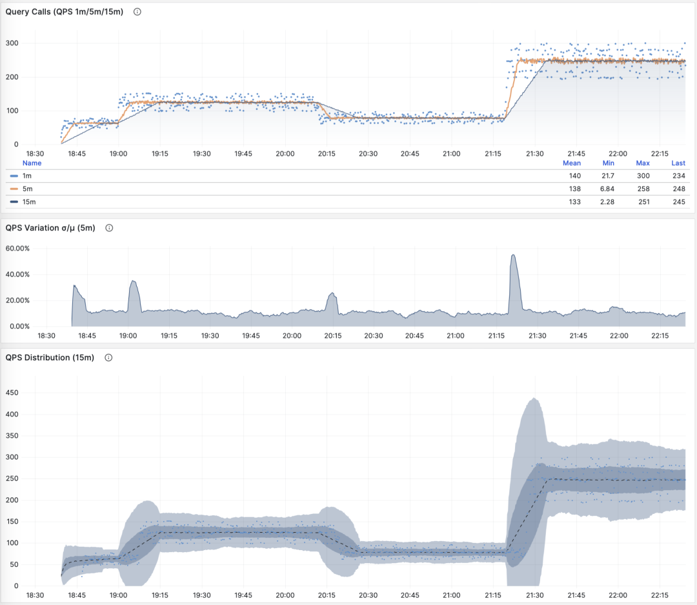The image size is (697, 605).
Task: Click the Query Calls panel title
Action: (64, 12)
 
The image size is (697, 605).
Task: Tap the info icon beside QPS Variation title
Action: (109, 228)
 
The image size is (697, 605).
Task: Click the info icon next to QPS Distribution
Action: (108, 358)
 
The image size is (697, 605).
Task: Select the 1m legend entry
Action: (27, 176)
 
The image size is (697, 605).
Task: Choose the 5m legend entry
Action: (27, 189)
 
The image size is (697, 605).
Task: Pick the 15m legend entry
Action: (29, 201)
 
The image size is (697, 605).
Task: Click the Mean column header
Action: (571, 163)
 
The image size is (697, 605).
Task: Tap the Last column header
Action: (678, 163)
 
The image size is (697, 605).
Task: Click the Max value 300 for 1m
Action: (642, 176)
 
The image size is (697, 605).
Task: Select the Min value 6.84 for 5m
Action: (607, 189)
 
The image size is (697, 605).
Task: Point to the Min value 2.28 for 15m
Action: (607, 201)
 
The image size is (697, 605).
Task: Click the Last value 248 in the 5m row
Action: (678, 189)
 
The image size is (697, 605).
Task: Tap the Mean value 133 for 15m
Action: (574, 201)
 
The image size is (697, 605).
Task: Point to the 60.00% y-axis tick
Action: (18, 249)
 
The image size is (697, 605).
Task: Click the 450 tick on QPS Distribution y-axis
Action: (12, 393)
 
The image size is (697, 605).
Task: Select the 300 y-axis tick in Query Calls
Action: (12, 43)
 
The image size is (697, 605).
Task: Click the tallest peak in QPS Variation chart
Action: (513, 255)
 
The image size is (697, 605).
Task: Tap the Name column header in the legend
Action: (32, 163)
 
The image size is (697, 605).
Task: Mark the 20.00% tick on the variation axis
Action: (18, 300)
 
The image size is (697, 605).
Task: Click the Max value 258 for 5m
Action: (642, 189)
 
